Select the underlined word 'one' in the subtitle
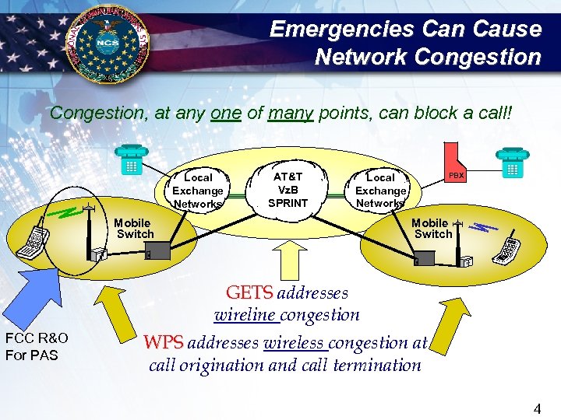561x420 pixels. click(225, 113)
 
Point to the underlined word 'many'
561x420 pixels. click(291, 113)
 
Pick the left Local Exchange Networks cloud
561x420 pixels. click(198, 191)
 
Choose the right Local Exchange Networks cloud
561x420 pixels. click(380, 191)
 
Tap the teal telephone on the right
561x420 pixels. click(512, 163)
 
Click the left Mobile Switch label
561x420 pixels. click(134, 228)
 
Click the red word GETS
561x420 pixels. click(249, 293)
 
